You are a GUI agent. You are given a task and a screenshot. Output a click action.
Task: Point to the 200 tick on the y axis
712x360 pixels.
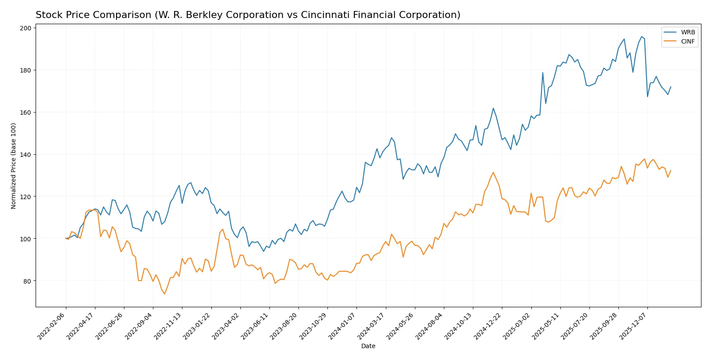click(25, 28)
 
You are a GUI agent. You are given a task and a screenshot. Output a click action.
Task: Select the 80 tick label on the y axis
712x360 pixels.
click(27, 281)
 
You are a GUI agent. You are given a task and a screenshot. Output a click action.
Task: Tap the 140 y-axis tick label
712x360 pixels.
click(25, 155)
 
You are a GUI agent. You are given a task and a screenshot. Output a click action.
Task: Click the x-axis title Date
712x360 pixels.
click(368, 346)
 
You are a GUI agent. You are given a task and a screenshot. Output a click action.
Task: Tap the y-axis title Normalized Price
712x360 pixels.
click(14, 166)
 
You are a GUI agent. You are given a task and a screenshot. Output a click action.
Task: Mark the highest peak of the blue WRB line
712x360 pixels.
click(641, 36)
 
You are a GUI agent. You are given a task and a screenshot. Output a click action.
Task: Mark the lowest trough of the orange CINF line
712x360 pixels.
click(165, 294)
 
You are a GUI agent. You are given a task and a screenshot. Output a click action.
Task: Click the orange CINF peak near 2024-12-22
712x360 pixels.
click(493, 172)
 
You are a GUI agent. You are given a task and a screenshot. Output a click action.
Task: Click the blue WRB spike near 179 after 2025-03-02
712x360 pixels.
click(543, 73)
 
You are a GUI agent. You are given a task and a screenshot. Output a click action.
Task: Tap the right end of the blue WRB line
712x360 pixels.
click(671, 87)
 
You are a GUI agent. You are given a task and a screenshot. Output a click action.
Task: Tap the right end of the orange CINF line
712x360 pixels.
click(671, 171)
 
